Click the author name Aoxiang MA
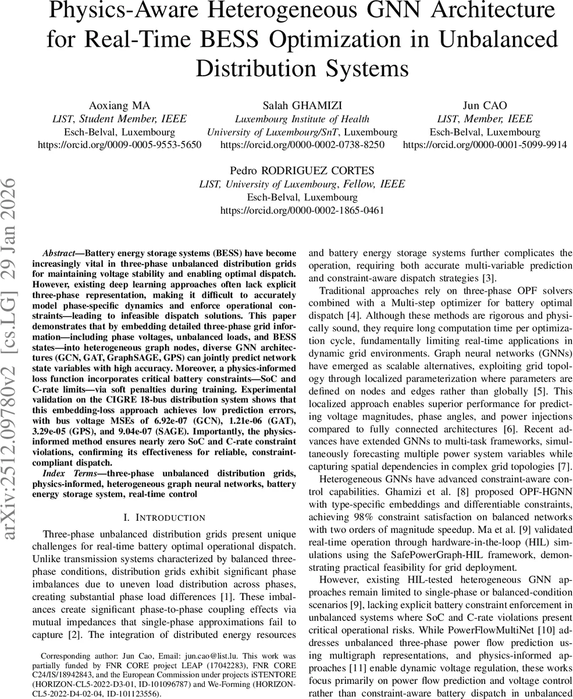click(x=119, y=105)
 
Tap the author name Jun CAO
click(x=485, y=105)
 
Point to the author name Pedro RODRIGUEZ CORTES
click(x=302, y=171)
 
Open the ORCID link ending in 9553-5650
click(x=119, y=144)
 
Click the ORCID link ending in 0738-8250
click(x=302, y=144)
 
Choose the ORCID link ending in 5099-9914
click(x=485, y=144)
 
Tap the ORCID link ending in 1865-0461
click(x=302, y=210)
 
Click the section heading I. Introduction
click(x=165, y=517)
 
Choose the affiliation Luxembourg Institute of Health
click(x=302, y=119)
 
